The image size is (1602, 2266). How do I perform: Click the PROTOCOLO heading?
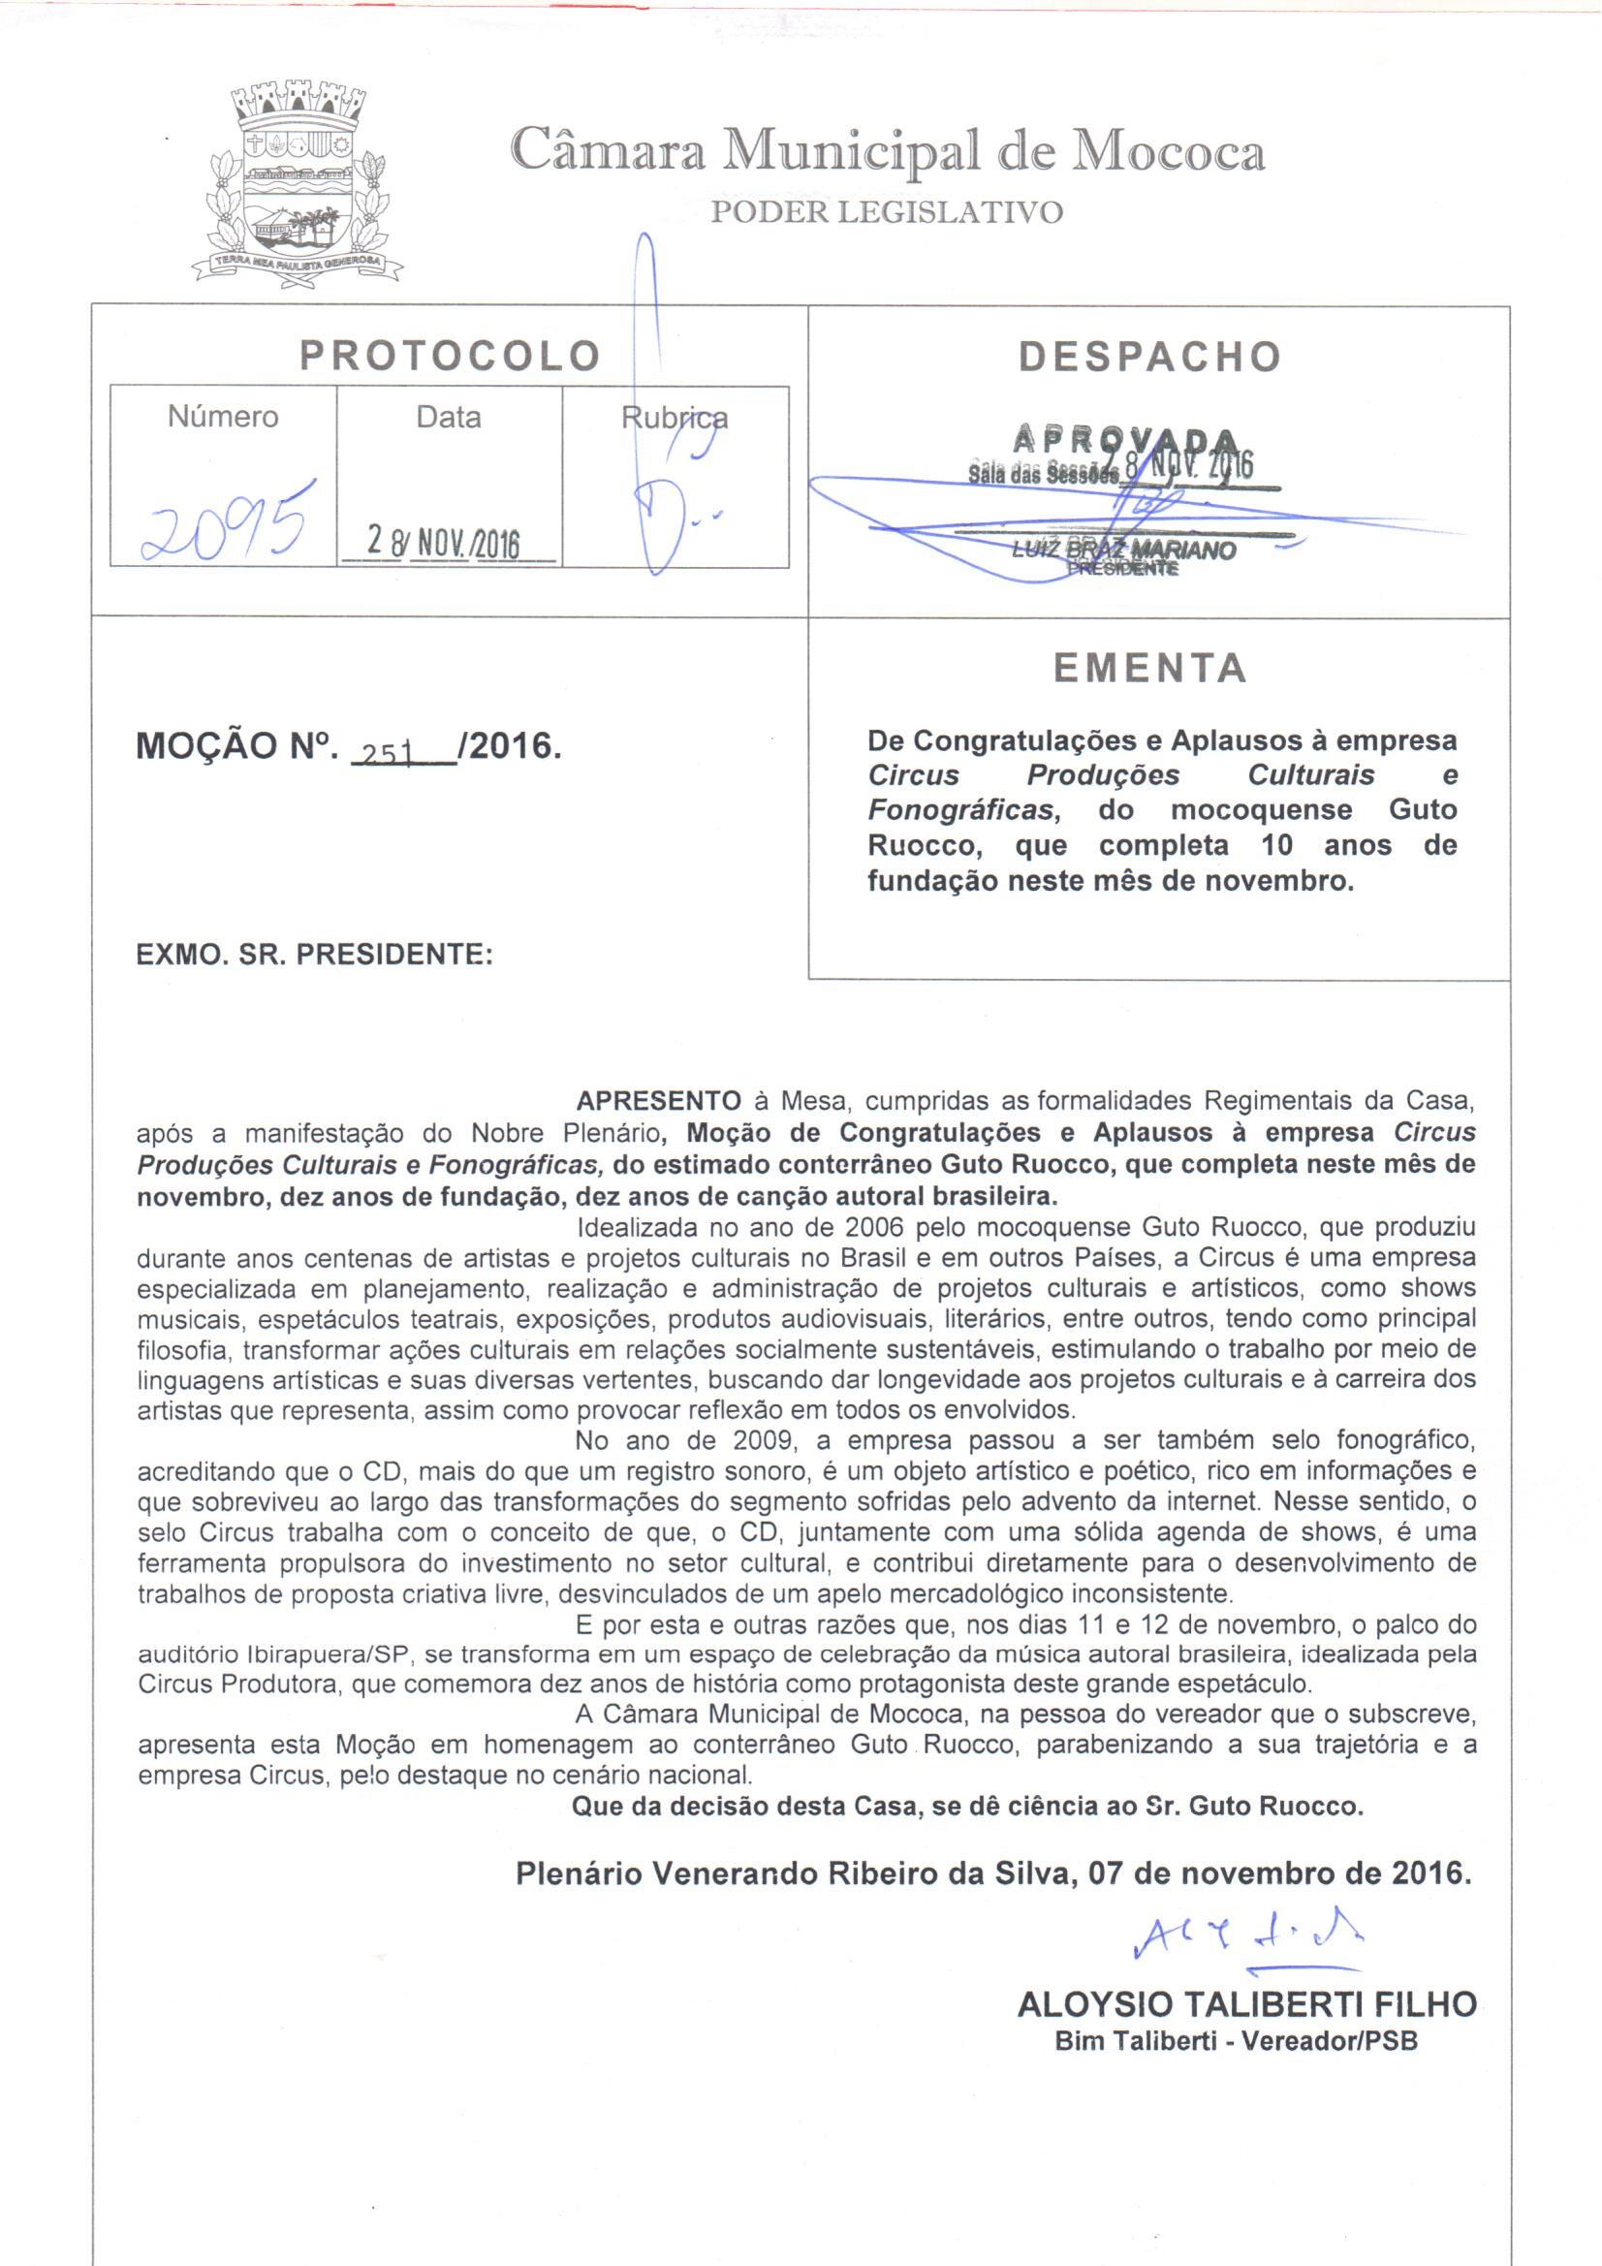coord(450,357)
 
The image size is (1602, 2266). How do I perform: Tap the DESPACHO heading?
coord(1150,358)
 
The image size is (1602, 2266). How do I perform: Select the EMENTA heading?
coord(1150,669)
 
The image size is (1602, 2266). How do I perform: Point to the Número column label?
coord(223,418)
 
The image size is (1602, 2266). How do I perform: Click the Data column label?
coord(449,418)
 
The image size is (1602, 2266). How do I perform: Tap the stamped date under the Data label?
coord(444,542)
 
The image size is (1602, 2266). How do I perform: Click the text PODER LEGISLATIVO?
coord(887,213)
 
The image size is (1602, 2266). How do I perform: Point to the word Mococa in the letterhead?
coord(1169,152)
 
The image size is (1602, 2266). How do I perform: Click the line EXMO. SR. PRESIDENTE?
coord(314,955)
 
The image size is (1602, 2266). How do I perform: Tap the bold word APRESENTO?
coord(658,1100)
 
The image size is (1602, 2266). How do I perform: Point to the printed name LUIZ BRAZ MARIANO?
coord(1125,550)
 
